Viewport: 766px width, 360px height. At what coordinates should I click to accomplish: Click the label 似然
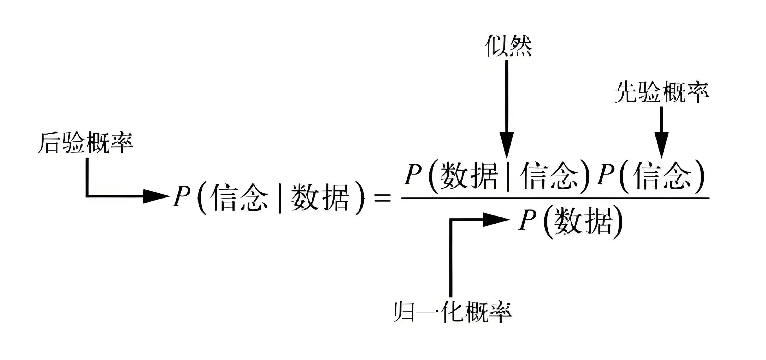(x=508, y=47)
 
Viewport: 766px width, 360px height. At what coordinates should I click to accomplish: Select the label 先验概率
(x=661, y=92)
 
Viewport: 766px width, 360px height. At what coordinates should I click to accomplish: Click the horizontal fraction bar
(x=555, y=198)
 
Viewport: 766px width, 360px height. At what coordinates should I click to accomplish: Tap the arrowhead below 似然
(x=507, y=145)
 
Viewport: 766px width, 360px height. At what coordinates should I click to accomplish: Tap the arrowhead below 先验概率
(x=662, y=145)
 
